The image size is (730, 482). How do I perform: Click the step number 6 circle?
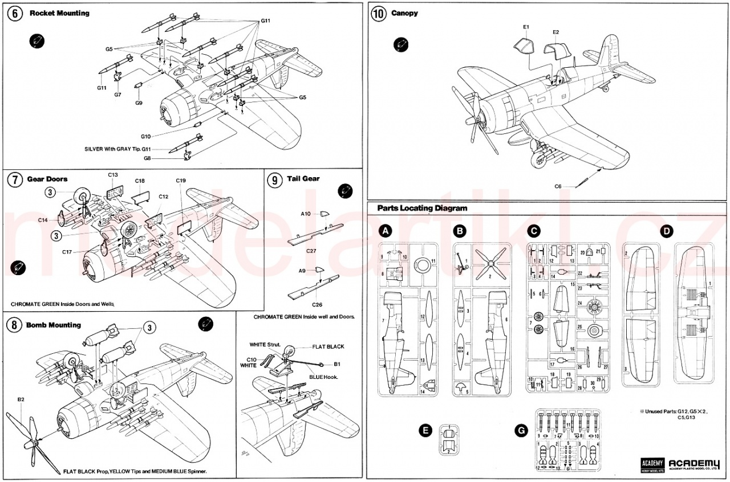coord(14,14)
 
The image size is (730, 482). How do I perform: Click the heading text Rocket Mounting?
coord(59,13)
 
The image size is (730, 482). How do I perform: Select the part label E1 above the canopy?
coord(526,27)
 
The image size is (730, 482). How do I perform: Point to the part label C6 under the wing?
coord(558,186)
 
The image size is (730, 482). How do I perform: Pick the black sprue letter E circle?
coord(424,431)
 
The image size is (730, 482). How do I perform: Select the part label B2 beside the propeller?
coord(21,399)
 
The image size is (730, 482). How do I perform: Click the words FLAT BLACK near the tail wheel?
coord(328,346)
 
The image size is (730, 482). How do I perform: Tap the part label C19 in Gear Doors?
coord(181,181)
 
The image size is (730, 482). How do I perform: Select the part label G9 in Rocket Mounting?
coord(139,103)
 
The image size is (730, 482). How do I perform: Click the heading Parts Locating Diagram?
coord(418,209)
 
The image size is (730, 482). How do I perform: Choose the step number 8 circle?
coord(14,326)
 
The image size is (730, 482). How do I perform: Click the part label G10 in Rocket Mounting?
coord(146,136)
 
